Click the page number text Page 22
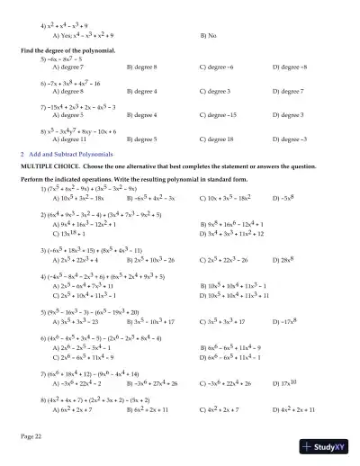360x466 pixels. point(33,435)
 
